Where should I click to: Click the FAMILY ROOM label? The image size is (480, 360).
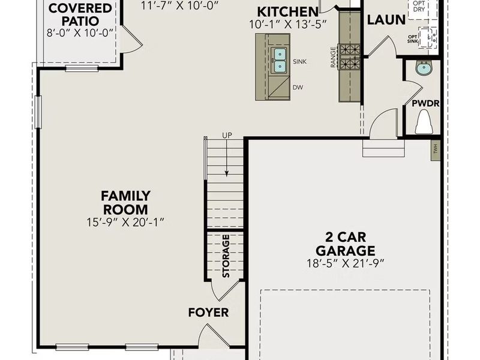125,203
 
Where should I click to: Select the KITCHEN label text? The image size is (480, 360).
288,12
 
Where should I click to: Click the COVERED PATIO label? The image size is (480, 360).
80,15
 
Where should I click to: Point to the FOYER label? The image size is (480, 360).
208,313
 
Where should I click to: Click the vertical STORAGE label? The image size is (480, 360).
226,256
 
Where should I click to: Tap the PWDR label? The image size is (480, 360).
425,103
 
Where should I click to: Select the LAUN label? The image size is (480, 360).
386,20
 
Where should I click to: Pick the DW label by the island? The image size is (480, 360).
298,88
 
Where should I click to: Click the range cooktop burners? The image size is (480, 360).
350,56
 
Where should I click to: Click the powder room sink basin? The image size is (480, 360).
424,67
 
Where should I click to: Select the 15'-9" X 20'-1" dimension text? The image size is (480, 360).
125,222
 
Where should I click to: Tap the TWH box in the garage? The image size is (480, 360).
435,148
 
